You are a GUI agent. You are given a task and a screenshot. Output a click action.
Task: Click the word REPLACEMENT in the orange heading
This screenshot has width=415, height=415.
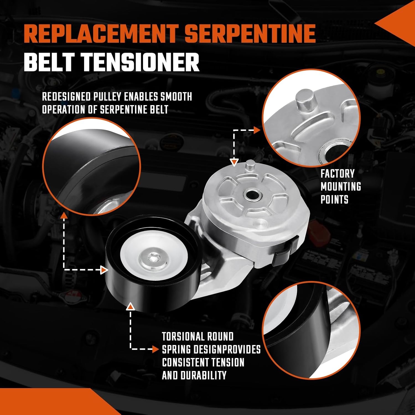[101, 34]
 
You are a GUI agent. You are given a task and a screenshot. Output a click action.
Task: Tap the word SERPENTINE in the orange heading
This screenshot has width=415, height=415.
[250, 34]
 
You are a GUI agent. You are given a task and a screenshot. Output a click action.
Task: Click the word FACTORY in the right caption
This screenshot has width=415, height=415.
[338, 174]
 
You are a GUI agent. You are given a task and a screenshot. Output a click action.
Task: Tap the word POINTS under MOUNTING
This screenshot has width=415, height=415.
[334, 199]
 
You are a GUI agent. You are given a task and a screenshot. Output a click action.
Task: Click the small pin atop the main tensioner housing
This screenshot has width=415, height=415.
[250, 165]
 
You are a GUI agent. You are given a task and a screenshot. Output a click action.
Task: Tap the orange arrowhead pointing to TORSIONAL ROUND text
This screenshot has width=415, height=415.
[155, 349]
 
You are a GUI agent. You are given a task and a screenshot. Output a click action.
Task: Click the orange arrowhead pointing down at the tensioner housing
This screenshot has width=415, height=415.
[234, 162]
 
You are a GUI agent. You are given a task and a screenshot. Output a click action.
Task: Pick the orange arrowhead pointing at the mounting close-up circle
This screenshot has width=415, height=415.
[257, 130]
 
